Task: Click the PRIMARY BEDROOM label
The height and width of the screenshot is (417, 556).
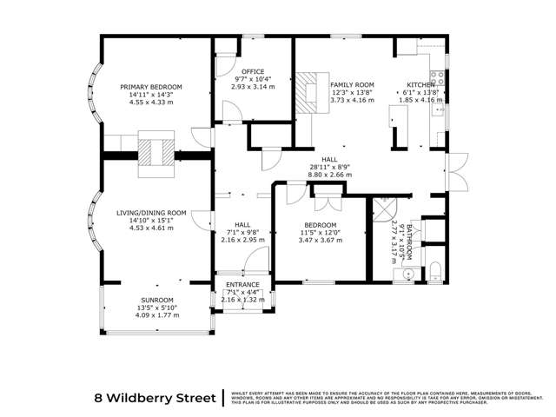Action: [151, 87]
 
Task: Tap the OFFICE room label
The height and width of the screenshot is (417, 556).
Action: [253, 71]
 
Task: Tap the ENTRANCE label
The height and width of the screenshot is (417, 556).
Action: [242, 285]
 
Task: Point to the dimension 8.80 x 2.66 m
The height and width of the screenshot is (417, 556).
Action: [329, 174]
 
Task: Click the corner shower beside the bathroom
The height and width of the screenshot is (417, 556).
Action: [382, 210]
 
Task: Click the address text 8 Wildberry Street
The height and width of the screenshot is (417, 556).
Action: [155, 399]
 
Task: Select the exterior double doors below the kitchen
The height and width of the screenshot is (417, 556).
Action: [453, 174]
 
